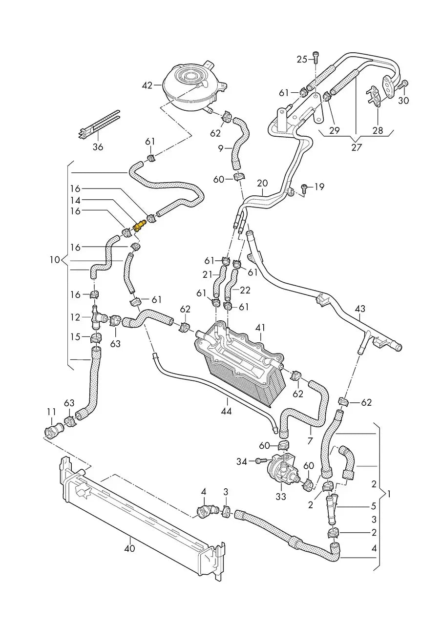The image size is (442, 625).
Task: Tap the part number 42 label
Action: pyautogui.click(x=147, y=85)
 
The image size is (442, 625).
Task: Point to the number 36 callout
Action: pyautogui.click(x=98, y=146)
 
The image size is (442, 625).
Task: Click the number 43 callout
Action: pyautogui.click(x=360, y=309)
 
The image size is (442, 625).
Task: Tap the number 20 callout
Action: pyautogui.click(x=262, y=183)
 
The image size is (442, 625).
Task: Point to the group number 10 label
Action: pyautogui.click(x=55, y=260)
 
